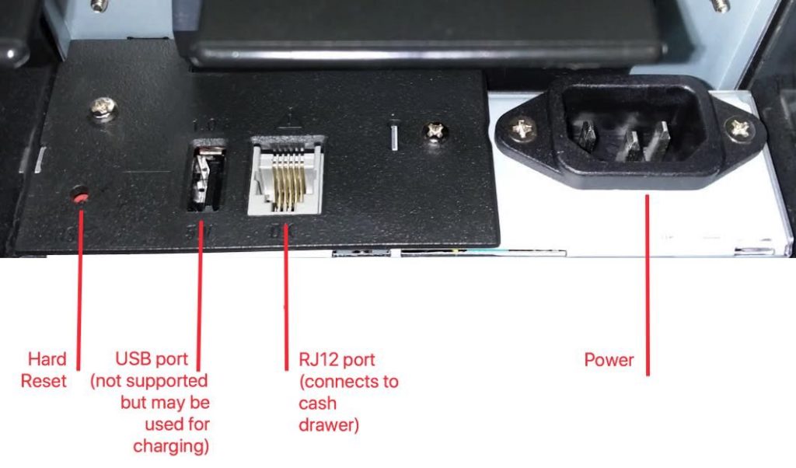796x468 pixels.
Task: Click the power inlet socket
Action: [x=632, y=128]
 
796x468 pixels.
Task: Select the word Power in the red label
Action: [x=609, y=360]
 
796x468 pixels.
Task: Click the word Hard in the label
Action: [x=47, y=360]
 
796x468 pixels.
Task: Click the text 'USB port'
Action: [x=152, y=360]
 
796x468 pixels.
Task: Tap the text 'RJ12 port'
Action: [x=337, y=360]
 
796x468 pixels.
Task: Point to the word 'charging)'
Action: [x=171, y=446]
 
